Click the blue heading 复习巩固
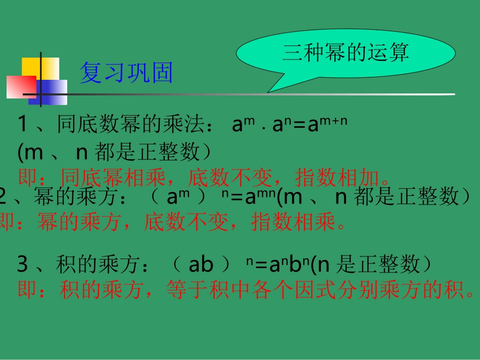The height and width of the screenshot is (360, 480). [x=126, y=73]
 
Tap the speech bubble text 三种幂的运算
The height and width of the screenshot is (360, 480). [x=346, y=53]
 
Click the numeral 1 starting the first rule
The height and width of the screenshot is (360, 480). [x=23, y=124]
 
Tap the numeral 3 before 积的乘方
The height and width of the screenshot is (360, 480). [x=23, y=264]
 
